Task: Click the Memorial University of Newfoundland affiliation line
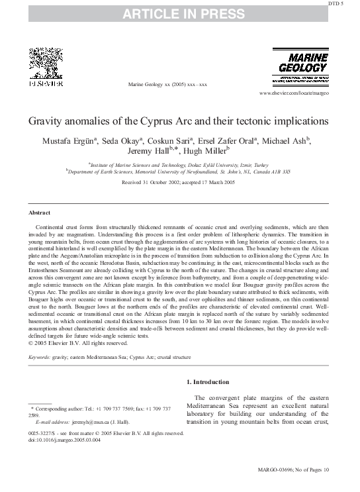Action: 179,171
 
